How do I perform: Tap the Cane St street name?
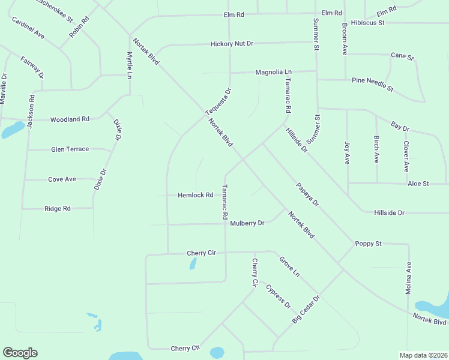click(x=402, y=56)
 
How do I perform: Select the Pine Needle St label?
click(x=372, y=84)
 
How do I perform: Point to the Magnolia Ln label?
click(x=273, y=72)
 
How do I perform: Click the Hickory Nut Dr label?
click(x=232, y=44)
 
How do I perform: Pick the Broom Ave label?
click(x=345, y=40)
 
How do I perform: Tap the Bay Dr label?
click(x=400, y=127)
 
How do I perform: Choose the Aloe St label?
click(x=418, y=183)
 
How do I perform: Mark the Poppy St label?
click(x=368, y=244)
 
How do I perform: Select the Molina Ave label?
click(x=408, y=278)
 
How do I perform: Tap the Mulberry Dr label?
click(x=247, y=223)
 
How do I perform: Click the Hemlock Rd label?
click(x=196, y=195)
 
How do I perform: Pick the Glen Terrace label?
click(x=70, y=149)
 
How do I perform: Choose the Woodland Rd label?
click(x=70, y=119)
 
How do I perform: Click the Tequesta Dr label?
click(x=218, y=103)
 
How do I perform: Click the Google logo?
click(x=20, y=353)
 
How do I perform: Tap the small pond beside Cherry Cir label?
click(x=193, y=263)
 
